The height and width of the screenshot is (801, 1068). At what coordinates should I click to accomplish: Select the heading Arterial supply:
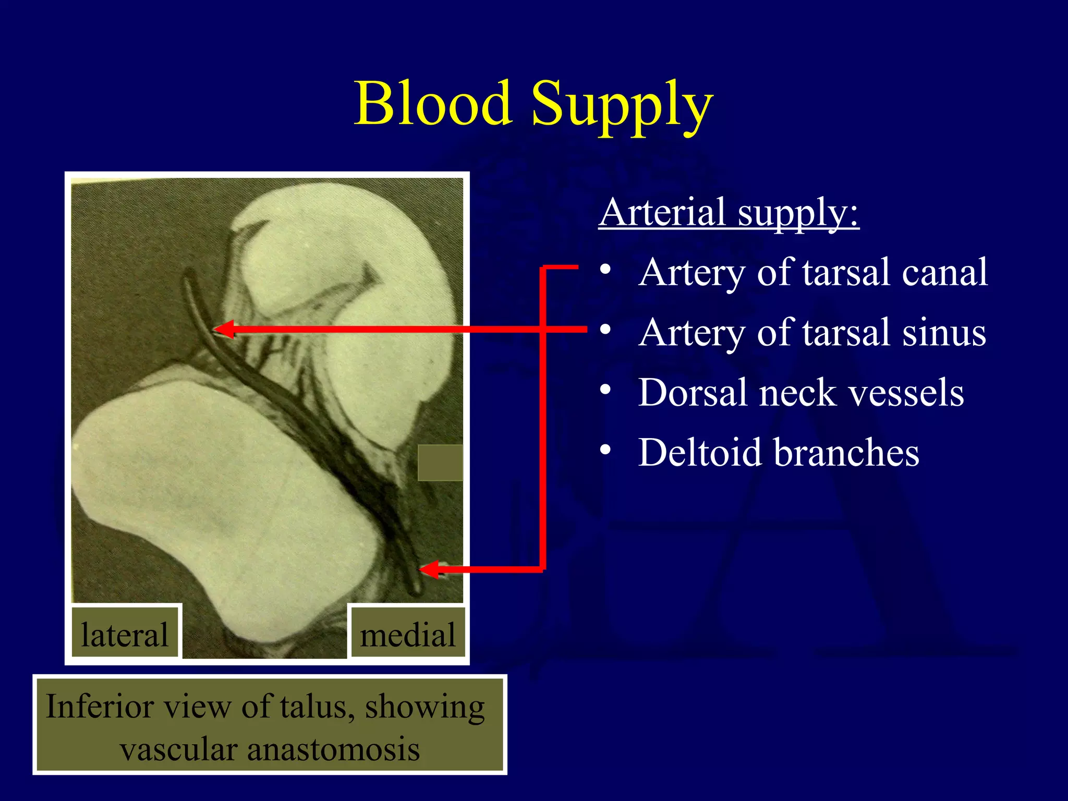729,212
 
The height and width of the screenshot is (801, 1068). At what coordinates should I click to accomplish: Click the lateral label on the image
125,635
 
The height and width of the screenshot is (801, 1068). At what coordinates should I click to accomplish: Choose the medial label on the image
407,635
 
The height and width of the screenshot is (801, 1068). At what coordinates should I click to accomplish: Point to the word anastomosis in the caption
333,749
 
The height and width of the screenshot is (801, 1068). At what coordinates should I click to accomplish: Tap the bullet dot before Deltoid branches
605,450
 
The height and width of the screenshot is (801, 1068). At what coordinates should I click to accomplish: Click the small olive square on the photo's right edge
440,463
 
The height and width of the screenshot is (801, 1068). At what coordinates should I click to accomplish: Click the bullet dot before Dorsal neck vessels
605,390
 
